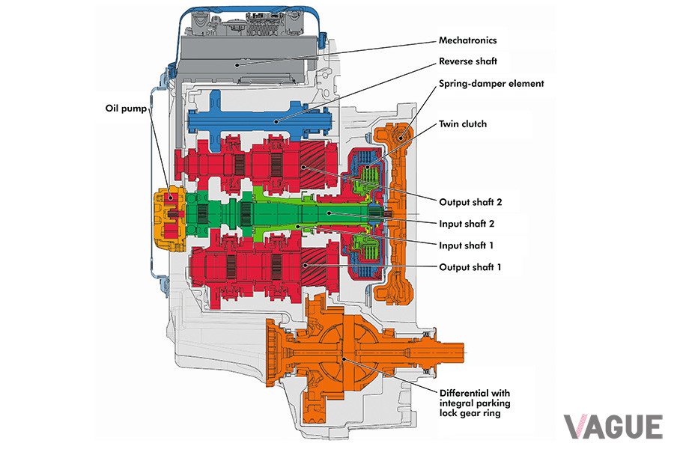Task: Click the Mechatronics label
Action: pyautogui.click(x=467, y=40)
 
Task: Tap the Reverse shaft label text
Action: pyautogui.click(x=467, y=61)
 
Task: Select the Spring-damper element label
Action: pyautogui.click(x=491, y=84)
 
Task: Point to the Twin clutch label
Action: pyautogui.click(x=463, y=124)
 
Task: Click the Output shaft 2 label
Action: pyautogui.click(x=470, y=202)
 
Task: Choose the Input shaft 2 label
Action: pyautogui.click(x=467, y=224)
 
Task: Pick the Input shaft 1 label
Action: pyautogui.click(x=466, y=245)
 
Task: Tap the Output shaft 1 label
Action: pyautogui.click(x=470, y=267)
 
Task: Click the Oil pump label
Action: pyautogui.click(x=126, y=109)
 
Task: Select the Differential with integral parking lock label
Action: pyautogui.click(x=475, y=403)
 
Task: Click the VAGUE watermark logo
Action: pyautogui.click(x=613, y=427)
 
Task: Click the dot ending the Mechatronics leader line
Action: pyautogui.click(x=237, y=65)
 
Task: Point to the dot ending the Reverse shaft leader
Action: pyautogui.click(x=277, y=121)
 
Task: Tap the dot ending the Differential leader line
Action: pyautogui.click(x=344, y=357)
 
